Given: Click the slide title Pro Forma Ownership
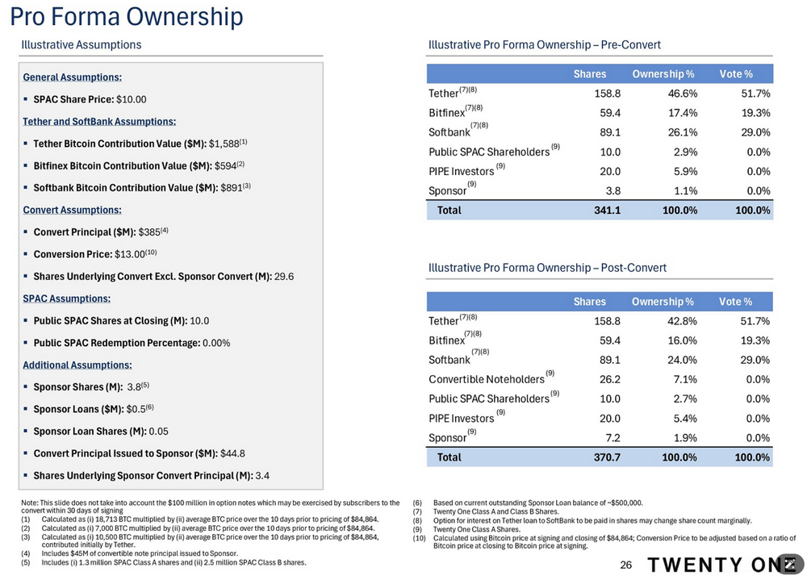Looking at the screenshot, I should tap(126, 16).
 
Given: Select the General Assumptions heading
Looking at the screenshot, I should tap(73, 77).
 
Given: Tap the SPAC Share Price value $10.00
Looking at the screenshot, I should tap(132, 99).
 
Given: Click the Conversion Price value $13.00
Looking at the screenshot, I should tap(128, 254).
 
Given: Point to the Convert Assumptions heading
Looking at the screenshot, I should tap(73, 210).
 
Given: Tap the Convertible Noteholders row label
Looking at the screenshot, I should tap(487, 379).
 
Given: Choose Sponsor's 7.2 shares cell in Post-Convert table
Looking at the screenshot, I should tap(611, 437).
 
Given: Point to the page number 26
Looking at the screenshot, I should tap(625, 565).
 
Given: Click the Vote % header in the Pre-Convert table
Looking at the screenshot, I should tap(735, 74).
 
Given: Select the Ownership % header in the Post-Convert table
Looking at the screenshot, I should tap(663, 302).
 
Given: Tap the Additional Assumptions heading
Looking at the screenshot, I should tap(77, 365).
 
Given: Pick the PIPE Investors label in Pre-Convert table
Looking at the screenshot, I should tap(461, 171).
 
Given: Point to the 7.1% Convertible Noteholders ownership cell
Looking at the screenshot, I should tap(685, 379).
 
